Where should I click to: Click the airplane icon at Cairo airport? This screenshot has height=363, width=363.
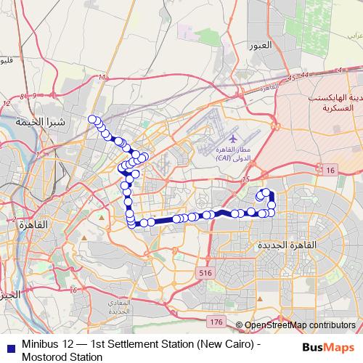pos(232,137)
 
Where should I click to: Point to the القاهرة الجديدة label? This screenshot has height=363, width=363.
pos(288,246)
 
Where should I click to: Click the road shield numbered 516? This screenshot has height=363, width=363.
pos(204,272)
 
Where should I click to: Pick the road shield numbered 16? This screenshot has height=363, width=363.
pos(330,170)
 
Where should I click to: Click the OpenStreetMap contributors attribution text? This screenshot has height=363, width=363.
pos(300,325)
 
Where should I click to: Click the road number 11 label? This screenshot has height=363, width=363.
pos(103,77)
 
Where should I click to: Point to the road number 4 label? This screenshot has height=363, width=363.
pos(339,70)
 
